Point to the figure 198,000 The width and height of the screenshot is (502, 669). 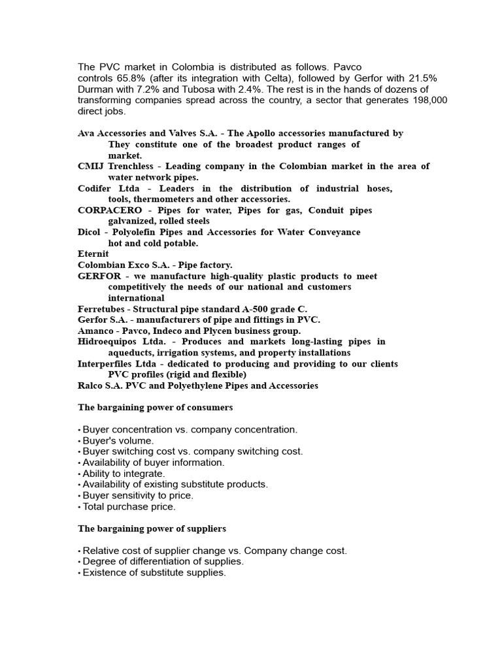[429, 100]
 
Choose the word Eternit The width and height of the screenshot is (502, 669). [93, 253]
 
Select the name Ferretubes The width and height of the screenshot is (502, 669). [101, 309]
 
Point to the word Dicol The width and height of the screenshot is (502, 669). [90, 232]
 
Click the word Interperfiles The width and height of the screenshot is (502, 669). [108, 364]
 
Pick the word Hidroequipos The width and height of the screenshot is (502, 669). [107, 342]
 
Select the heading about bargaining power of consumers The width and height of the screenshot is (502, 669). [155, 408]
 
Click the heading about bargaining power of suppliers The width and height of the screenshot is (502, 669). [152, 529]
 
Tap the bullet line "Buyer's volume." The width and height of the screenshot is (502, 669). [118, 440]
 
